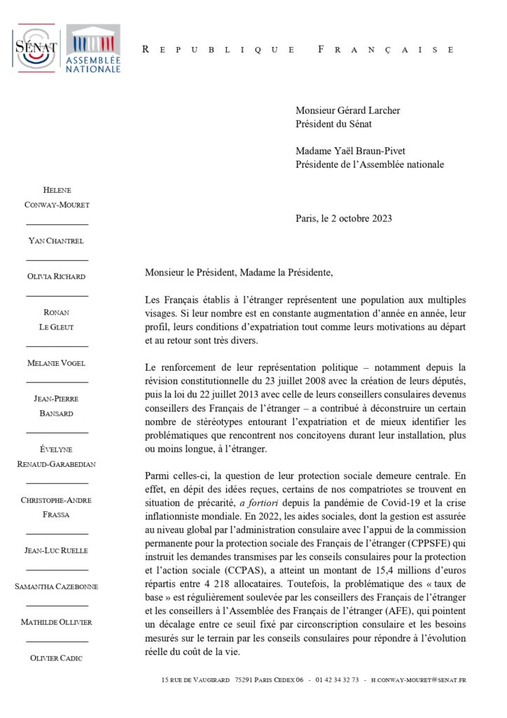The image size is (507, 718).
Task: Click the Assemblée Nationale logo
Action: pos(92,48)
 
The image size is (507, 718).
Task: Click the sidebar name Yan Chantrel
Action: pos(57,241)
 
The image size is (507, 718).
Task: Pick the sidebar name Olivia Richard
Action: pos(57,276)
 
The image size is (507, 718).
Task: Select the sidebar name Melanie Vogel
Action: pos(57,363)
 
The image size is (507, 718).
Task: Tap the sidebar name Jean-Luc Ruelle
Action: pos(57,550)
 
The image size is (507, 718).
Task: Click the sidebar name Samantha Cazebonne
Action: pos(57,586)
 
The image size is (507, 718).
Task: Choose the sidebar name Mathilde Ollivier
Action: pos(57,622)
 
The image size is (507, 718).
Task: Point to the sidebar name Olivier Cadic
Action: pos(57,658)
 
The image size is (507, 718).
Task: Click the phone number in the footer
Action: pos(338,680)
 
